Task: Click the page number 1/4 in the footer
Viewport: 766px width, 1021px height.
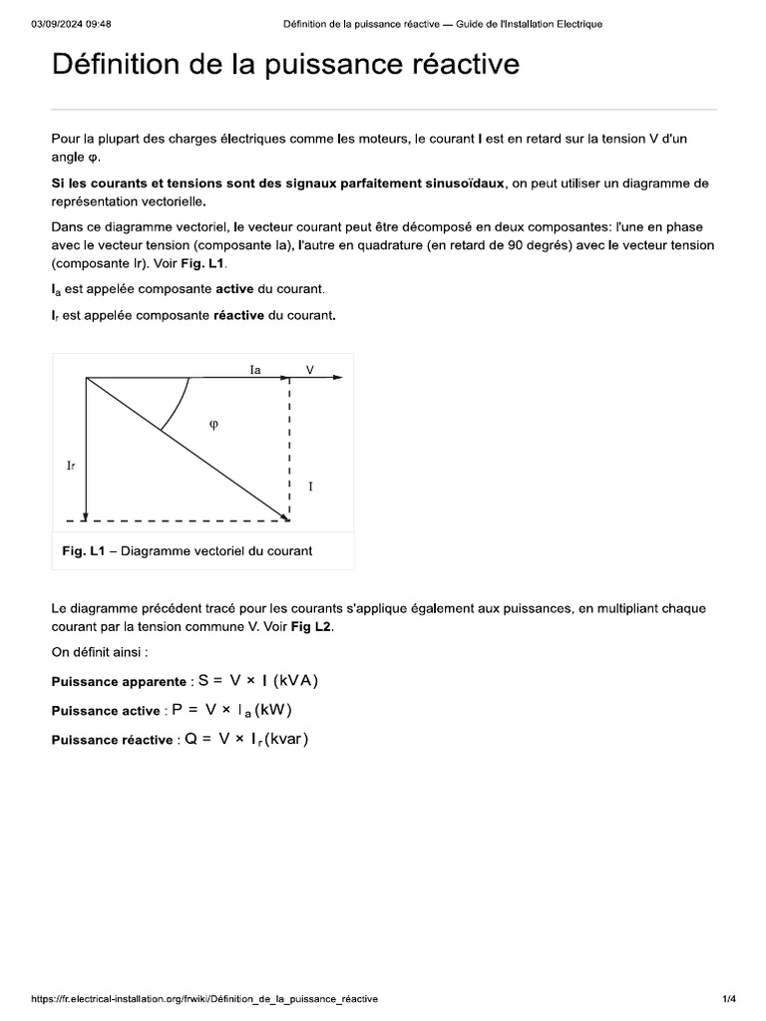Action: click(x=728, y=998)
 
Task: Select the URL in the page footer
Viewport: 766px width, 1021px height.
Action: click(x=204, y=998)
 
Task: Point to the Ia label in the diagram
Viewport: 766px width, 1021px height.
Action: click(x=255, y=369)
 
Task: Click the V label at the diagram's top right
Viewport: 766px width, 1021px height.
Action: click(x=309, y=369)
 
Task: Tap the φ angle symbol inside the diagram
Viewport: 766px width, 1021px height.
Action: click(x=212, y=424)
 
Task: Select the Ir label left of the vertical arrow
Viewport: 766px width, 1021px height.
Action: click(x=70, y=466)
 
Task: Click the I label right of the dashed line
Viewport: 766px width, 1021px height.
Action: click(x=311, y=487)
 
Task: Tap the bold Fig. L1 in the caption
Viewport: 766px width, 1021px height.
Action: click(x=83, y=551)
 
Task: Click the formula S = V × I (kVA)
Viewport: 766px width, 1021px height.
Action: click(x=258, y=681)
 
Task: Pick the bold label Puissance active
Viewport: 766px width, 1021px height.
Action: click(x=105, y=711)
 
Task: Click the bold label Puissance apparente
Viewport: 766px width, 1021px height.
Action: click(x=113, y=682)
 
